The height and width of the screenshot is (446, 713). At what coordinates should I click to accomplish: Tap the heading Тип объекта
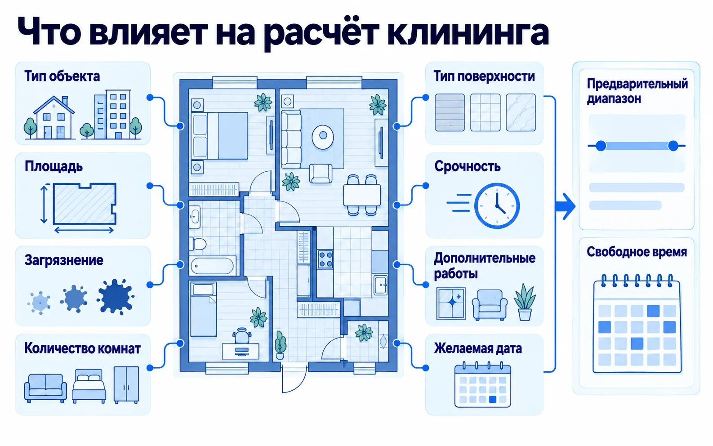(x=62, y=76)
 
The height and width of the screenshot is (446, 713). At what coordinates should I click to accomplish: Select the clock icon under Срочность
(x=497, y=205)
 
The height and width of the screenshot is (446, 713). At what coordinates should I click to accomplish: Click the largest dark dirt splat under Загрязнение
(x=116, y=297)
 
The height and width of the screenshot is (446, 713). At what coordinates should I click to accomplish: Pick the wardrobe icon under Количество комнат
(x=126, y=385)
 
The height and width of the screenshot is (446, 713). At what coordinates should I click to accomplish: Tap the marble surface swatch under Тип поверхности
(x=521, y=112)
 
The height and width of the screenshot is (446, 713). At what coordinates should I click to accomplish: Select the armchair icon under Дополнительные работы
(x=490, y=305)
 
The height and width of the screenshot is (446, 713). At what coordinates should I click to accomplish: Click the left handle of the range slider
(x=601, y=146)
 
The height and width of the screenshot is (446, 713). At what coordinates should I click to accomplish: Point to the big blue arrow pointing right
(x=566, y=206)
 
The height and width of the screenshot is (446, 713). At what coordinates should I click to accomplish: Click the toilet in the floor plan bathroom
(x=198, y=244)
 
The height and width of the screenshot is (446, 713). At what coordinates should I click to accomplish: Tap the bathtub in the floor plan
(x=212, y=266)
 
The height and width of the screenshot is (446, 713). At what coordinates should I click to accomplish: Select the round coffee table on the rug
(x=323, y=136)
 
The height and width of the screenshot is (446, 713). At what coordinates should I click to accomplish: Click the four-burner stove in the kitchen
(x=325, y=259)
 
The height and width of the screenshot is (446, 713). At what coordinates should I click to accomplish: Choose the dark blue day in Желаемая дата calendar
(x=492, y=399)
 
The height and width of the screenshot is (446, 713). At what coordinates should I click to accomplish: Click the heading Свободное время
(x=637, y=252)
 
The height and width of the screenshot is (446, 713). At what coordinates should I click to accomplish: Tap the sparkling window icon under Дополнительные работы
(x=451, y=303)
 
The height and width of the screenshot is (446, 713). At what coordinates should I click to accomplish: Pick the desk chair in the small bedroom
(x=241, y=336)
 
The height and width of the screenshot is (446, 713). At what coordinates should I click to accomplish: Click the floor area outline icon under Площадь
(x=85, y=204)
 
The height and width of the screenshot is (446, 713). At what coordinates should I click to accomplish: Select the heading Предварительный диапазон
(x=637, y=91)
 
